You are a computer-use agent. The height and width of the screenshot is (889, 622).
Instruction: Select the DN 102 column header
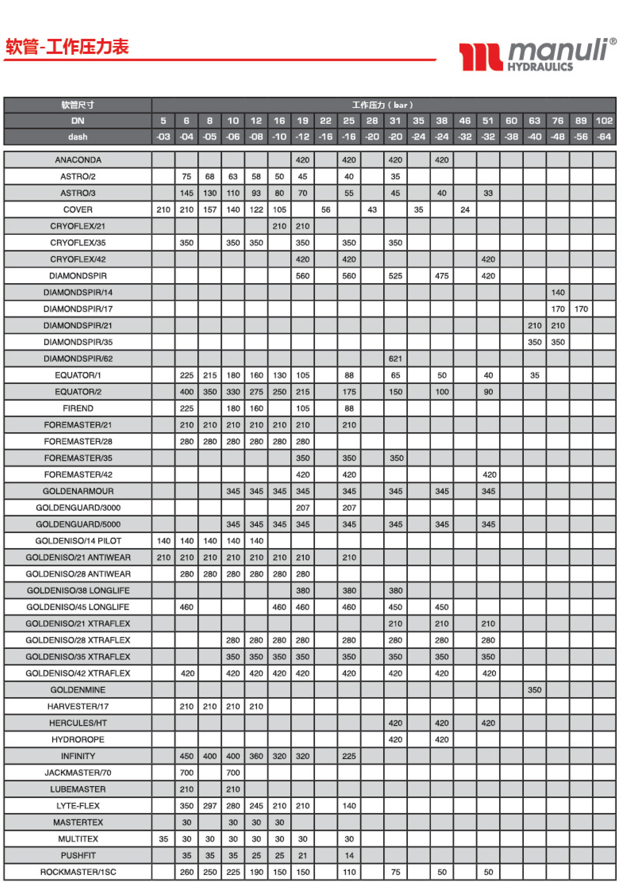click(604, 121)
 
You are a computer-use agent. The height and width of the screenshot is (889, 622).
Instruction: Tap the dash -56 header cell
click(581, 137)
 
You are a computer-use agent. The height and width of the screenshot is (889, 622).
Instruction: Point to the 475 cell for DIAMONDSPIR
click(441, 276)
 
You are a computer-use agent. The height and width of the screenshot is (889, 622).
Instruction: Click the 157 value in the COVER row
click(210, 209)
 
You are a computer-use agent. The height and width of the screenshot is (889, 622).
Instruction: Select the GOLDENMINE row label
click(78, 690)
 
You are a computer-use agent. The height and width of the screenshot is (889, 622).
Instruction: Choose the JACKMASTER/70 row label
click(78, 772)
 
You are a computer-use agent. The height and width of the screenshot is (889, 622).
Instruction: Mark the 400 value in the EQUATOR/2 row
click(186, 391)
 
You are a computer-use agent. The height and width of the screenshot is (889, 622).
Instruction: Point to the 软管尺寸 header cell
click(78, 105)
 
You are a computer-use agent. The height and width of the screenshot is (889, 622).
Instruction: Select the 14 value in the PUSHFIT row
click(349, 855)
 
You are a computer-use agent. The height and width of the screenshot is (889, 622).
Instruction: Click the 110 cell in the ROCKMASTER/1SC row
click(349, 872)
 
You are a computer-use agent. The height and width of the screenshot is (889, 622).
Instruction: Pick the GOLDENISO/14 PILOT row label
click(78, 541)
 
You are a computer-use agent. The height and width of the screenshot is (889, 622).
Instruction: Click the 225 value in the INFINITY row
click(349, 756)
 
